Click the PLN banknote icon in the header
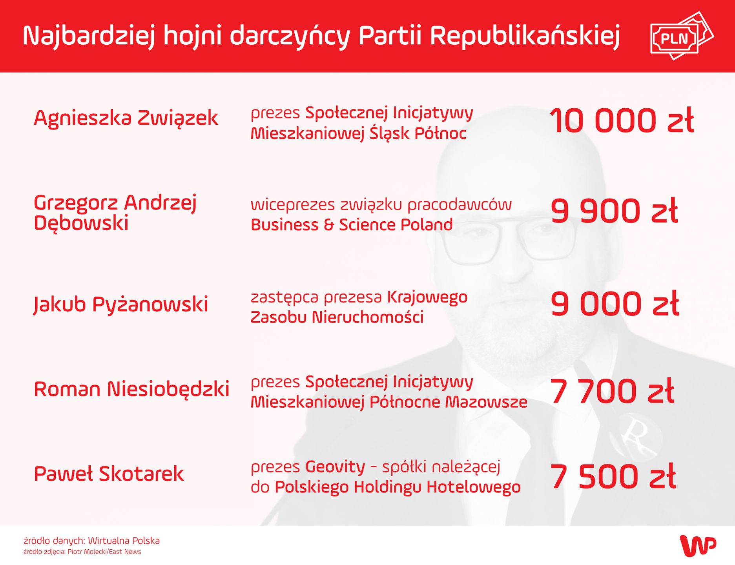pyautogui.click(x=681, y=36)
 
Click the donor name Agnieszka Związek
pyautogui.click(x=126, y=118)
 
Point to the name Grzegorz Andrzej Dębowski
pyautogui.click(x=115, y=213)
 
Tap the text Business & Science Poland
pyautogui.click(x=352, y=225)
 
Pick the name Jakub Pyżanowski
pyautogui.click(x=121, y=304)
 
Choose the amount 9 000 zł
pyautogui.click(x=615, y=304)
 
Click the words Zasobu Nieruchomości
pyautogui.click(x=337, y=317)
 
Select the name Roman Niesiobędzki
pyautogui.click(x=131, y=389)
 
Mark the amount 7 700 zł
pyautogui.click(x=612, y=391)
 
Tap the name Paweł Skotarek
pyautogui.click(x=109, y=474)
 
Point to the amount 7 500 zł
pyautogui.click(x=613, y=476)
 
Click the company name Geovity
pyautogui.click(x=335, y=467)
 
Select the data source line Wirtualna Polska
pyautogui.click(x=92, y=541)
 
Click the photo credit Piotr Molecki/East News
pyautogui.click(x=82, y=552)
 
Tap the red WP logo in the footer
pyautogui.click(x=698, y=545)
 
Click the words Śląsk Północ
pyautogui.click(x=418, y=134)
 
